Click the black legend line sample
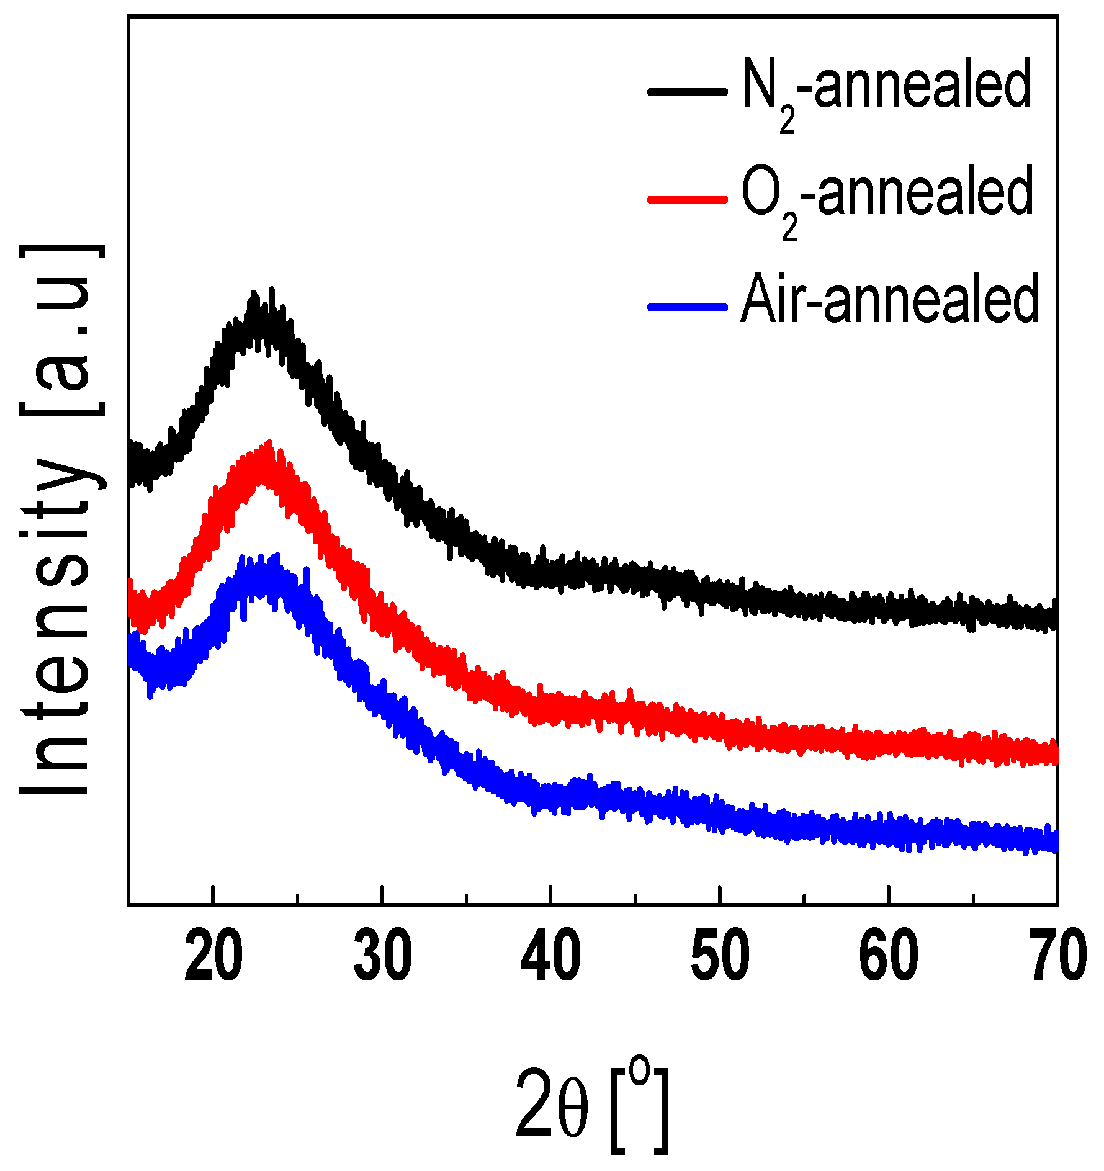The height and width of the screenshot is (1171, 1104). pyautogui.click(x=687, y=91)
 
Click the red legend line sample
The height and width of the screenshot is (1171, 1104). pyautogui.click(x=687, y=199)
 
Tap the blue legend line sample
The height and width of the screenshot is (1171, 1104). pyautogui.click(x=687, y=307)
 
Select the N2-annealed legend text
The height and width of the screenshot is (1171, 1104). pyautogui.click(x=886, y=87)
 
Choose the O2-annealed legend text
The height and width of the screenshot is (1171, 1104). pyautogui.click(x=887, y=194)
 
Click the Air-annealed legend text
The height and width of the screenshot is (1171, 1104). pyautogui.click(x=890, y=301)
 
